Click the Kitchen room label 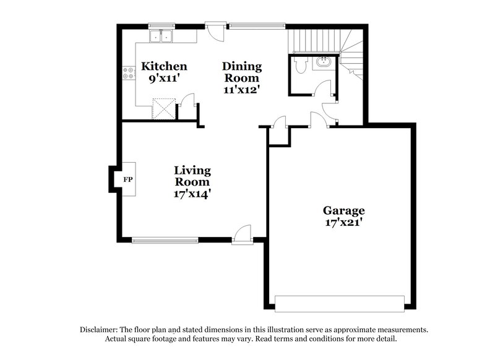tap(164, 66)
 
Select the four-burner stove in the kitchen tap(129, 74)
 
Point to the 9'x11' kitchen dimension tap(164, 79)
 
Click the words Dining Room tap(242, 72)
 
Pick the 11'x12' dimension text tap(242, 89)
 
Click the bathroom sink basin tap(322, 62)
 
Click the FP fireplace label tap(128, 180)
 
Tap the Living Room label tap(192, 176)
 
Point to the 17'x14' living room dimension tap(192, 194)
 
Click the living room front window tap(164, 239)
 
